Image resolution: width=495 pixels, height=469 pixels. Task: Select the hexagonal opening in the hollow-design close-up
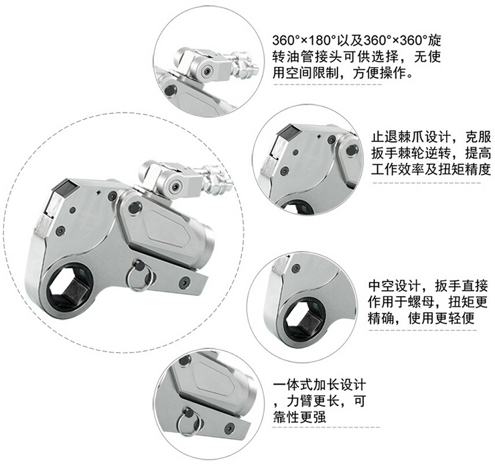(305, 319)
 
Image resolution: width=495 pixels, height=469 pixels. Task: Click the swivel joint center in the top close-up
(207, 72)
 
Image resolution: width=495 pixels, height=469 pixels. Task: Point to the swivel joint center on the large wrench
(174, 188)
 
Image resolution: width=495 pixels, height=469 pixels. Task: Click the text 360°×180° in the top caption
(304, 41)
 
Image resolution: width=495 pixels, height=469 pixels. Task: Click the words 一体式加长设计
(320, 385)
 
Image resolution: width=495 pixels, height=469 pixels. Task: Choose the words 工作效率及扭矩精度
(431, 170)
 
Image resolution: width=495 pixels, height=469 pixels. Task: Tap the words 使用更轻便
(441, 318)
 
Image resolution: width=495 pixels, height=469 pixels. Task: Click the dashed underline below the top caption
(328, 84)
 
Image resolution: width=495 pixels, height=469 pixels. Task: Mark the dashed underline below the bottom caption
(326, 427)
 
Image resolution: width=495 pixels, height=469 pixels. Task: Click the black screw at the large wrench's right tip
(184, 282)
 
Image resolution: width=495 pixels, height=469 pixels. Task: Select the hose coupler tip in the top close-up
(255, 68)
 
